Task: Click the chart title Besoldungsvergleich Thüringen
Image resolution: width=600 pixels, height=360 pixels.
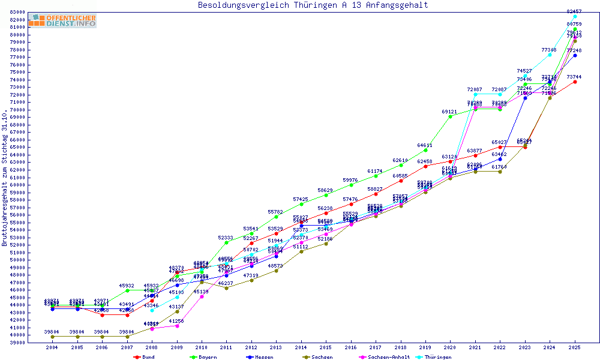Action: [x=313, y=5]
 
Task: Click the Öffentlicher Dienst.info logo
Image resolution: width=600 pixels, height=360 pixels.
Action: [x=62, y=21]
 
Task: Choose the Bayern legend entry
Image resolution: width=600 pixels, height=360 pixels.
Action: [x=203, y=357]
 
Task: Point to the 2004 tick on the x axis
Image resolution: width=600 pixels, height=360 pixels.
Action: [x=52, y=348]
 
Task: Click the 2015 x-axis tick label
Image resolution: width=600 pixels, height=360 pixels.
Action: [x=326, y=348]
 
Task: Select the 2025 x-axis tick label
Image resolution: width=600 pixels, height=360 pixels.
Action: [x=575, y=348]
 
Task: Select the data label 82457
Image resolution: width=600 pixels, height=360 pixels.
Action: [x=574, y=11]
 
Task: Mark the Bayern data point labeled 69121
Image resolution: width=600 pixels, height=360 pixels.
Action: [x=450, y=116]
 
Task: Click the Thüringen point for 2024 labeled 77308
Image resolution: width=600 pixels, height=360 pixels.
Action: [x=550, y=55]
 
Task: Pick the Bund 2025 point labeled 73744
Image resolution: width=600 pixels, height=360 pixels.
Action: [x=575, y=82]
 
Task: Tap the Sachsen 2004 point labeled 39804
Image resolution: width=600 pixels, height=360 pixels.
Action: [x=52, y=337]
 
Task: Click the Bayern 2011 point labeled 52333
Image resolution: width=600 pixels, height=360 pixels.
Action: [x=226, y=242]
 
